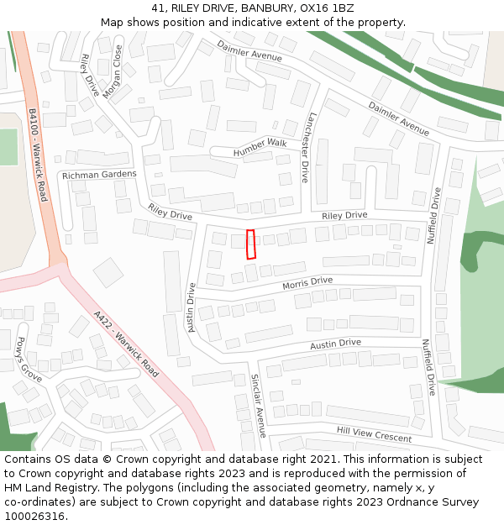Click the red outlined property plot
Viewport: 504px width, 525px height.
(x=249, y=244)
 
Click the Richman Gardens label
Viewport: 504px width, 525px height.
(x=99, y=175)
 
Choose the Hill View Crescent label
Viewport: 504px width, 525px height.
(x=374, y=434)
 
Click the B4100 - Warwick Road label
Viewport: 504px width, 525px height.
(x=38, y=159)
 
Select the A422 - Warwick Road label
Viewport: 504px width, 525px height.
(x=126, y=344)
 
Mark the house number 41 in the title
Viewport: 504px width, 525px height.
(x=159, y=8)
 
